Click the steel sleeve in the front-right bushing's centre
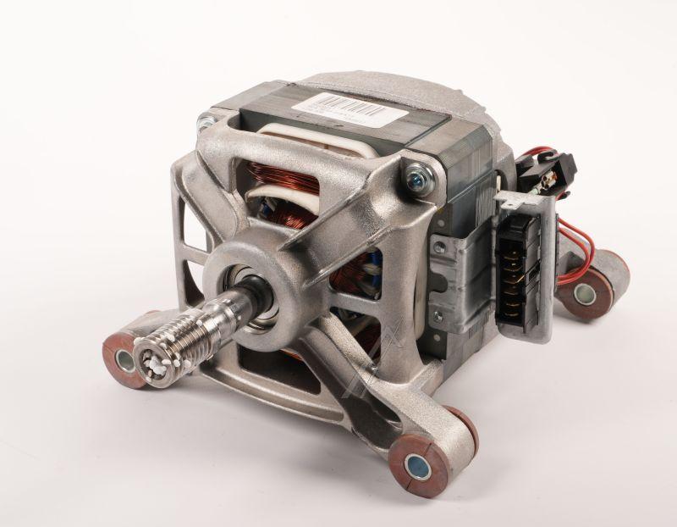[417, 464]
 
